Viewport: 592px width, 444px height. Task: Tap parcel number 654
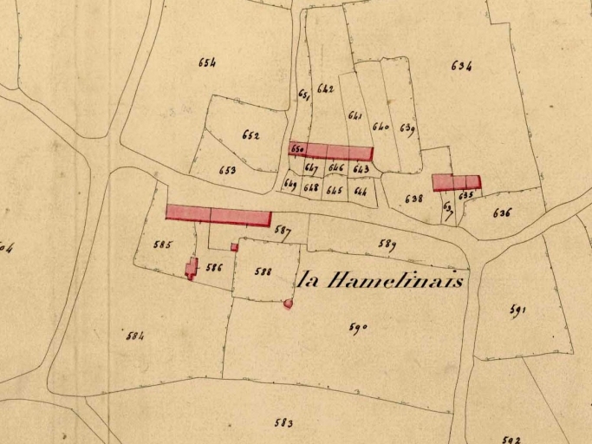206,62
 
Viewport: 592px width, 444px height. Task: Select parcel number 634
461,66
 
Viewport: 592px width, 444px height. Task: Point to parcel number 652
250,135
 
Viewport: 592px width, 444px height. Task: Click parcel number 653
227,171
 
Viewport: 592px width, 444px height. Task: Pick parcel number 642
326,88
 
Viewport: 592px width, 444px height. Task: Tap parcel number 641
355,115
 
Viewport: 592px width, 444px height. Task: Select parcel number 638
414,199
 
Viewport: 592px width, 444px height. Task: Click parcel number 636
502,212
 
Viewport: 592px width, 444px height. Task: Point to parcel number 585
162,245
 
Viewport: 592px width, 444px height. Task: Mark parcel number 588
263,271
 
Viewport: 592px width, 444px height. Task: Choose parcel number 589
387,245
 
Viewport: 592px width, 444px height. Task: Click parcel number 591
518,310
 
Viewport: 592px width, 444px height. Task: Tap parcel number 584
134,336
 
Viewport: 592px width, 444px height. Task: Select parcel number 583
283,423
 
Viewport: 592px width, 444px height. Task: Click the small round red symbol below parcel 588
288,304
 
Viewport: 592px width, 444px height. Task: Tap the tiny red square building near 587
234,247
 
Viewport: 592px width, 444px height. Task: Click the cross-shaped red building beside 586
191,268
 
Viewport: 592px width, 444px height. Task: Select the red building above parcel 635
456,182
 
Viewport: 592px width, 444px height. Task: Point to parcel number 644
360,191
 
